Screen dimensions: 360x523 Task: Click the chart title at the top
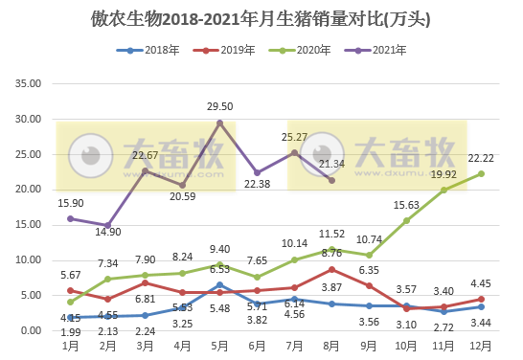pos(261,18)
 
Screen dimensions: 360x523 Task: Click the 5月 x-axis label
pos(219,344)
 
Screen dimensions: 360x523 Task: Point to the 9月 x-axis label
pos(369,344)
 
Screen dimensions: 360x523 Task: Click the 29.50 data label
pos(221,107)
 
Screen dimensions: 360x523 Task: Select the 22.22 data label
pos(482,157)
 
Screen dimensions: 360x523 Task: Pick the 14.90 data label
pos(107,231)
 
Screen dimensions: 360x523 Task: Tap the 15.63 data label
pos(407,205)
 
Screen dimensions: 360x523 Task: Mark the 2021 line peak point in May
pos(219,123)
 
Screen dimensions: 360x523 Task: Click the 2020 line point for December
pos(481,173)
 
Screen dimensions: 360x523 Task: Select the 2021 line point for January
pos(70,218)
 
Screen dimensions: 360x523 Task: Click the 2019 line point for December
pos(481,299)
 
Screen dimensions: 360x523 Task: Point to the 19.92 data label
pos(443,174)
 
